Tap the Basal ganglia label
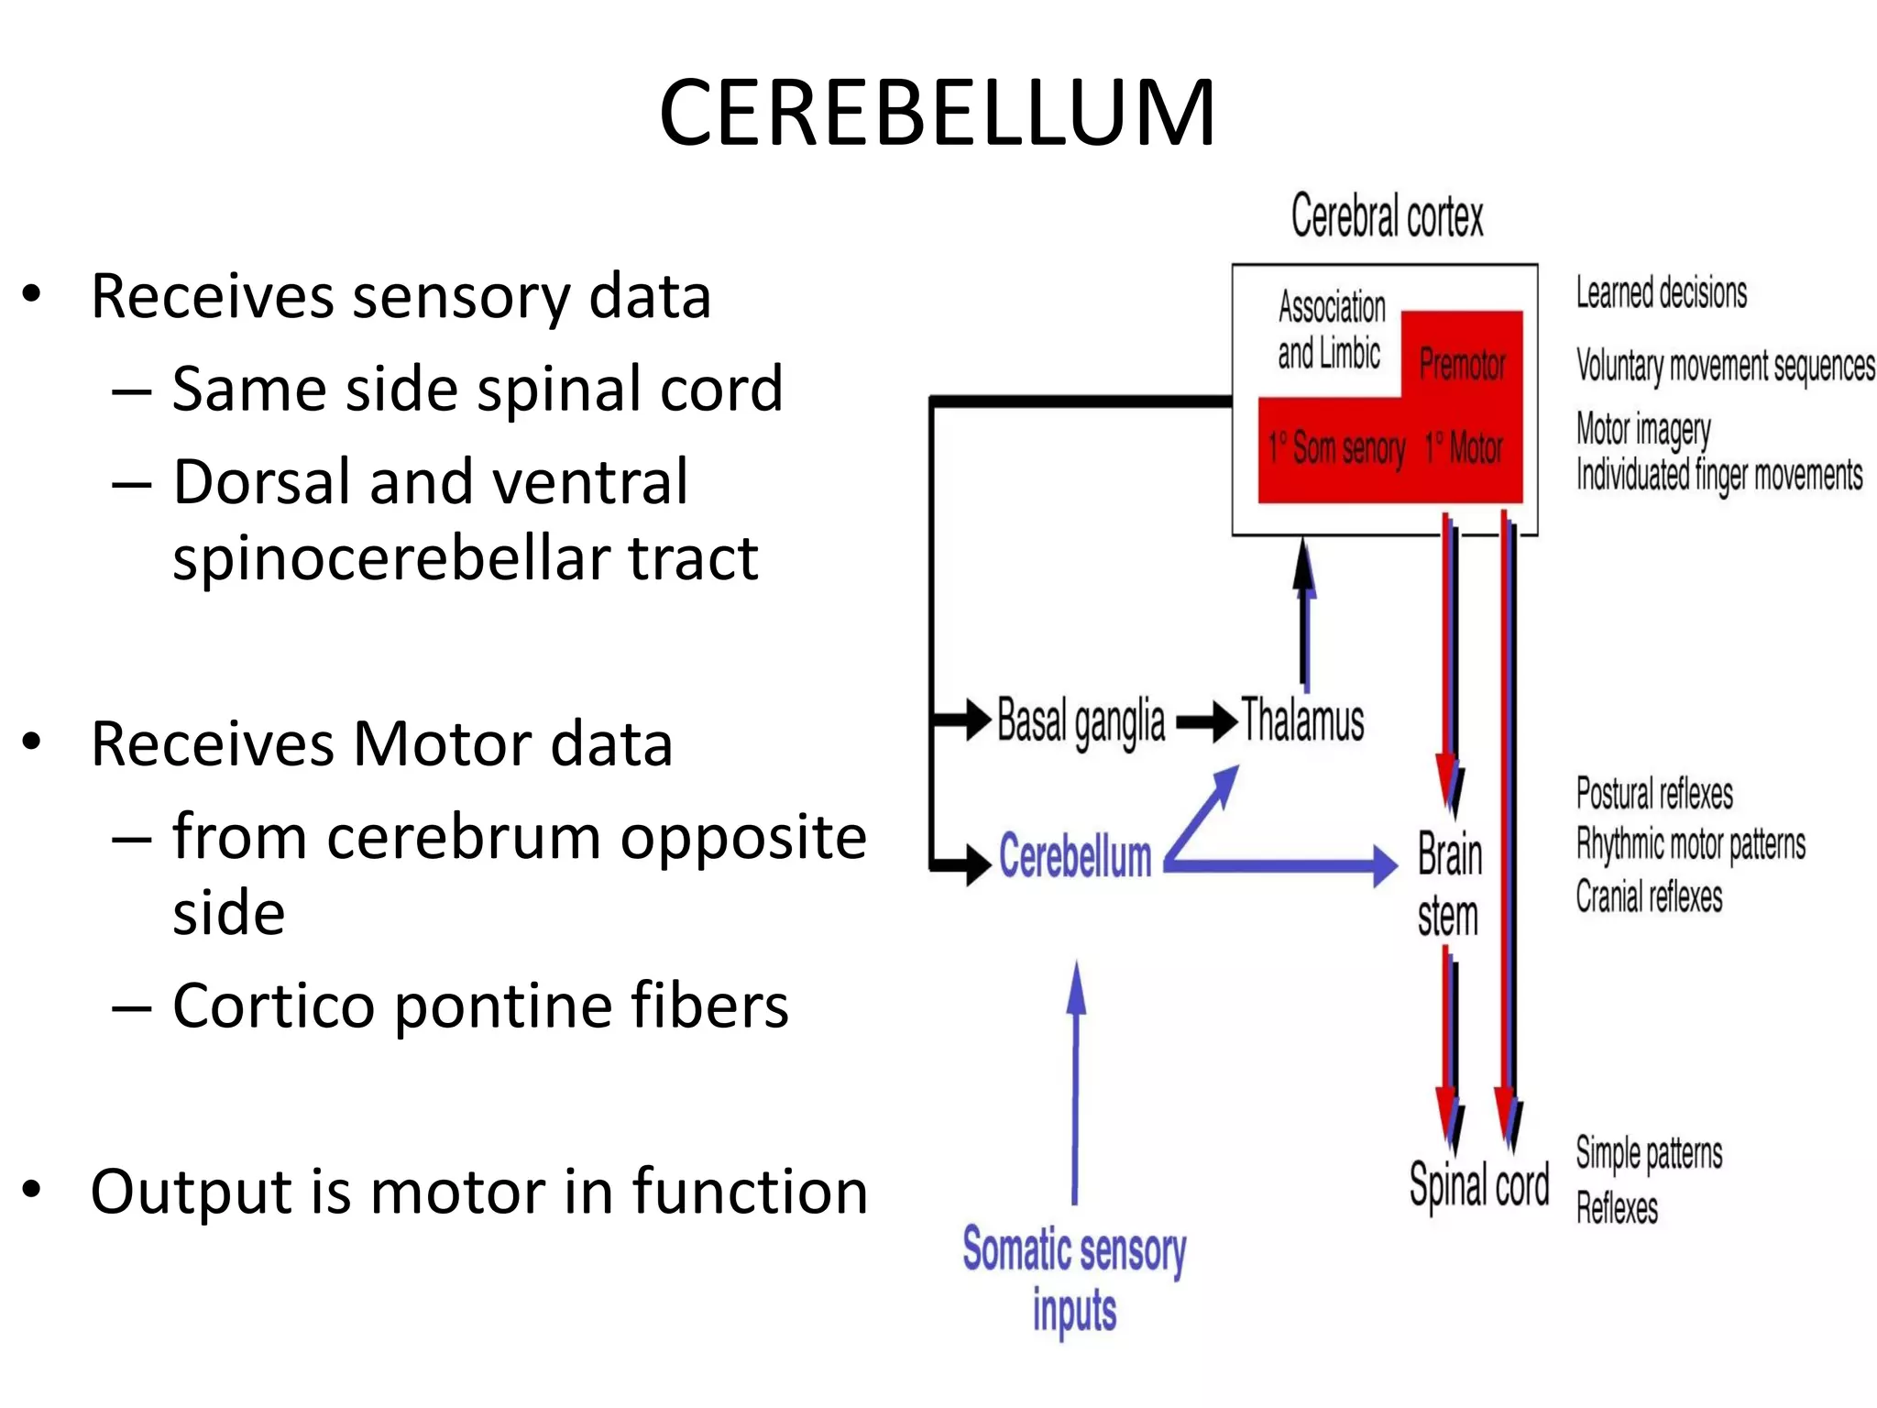coord(1081,722)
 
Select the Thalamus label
coord(1302,720)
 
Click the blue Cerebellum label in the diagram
coord(1074,857)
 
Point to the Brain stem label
coord(1449,885)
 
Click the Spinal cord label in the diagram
coord(1478,1185)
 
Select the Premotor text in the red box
coord(1462,365)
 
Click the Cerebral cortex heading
coord(1387,216)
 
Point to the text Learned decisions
coord(1661,293)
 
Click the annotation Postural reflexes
coord(1654,794)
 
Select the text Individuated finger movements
coord(1718,476)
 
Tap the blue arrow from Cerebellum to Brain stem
coord(1283,864)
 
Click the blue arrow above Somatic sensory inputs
coord(1076,1082)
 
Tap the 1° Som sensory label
coord(1336,449)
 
